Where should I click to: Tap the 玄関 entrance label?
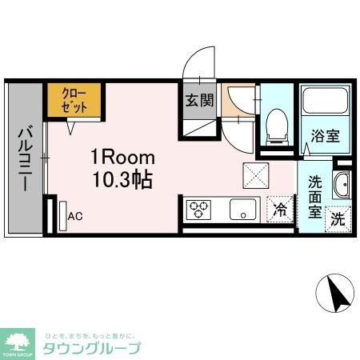(199, 101)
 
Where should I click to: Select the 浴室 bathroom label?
(326, 136)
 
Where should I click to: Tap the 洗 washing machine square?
(338, 217)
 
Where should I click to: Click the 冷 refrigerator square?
(280, 210)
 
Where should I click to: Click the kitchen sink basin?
(240, 210)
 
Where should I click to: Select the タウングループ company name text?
(91, 348)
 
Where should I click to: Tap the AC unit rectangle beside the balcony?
(62, 214)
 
